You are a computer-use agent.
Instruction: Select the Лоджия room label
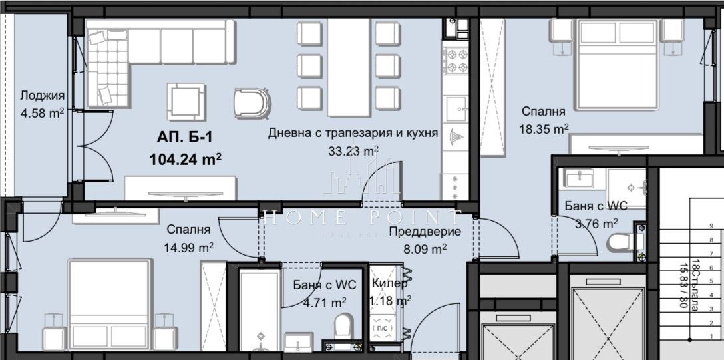42,94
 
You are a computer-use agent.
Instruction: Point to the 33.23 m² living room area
353,150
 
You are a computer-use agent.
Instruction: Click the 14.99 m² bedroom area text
189,246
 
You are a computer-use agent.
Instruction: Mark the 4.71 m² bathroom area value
325,302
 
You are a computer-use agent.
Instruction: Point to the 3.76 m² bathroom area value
596,223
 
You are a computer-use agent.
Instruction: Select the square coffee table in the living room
186,100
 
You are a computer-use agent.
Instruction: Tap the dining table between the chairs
348,66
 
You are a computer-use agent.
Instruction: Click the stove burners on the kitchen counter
456,59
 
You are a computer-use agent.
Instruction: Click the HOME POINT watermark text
359,217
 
